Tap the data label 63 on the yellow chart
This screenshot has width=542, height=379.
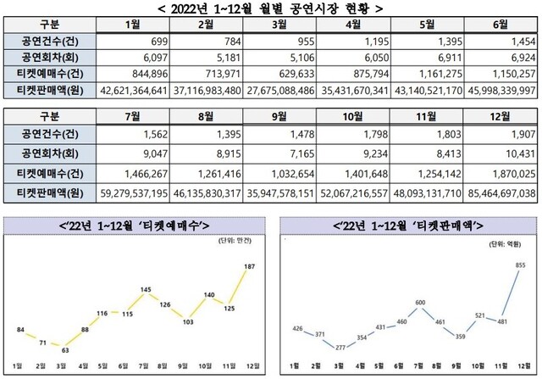pos(63,348)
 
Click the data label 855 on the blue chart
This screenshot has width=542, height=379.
pos(518,265)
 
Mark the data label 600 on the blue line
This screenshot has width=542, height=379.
pos(419,303)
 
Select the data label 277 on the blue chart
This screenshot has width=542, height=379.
pos(339,348)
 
